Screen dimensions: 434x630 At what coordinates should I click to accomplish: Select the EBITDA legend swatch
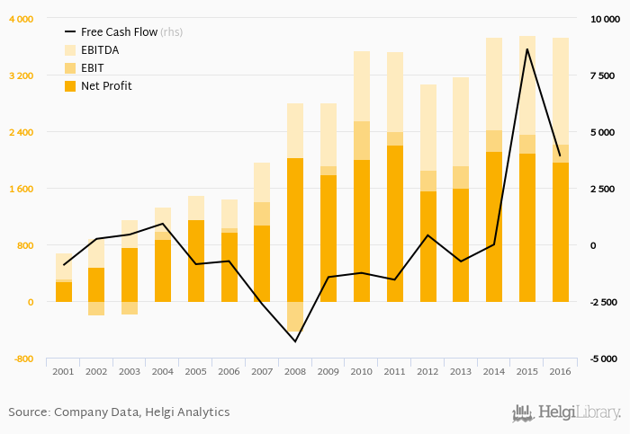tap(70, 50)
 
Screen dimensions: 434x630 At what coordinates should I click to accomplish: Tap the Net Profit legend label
tap(106, 86)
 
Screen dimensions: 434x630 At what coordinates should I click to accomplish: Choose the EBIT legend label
tap(94, 68)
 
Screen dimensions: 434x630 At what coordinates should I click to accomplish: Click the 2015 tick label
tap(527, 371)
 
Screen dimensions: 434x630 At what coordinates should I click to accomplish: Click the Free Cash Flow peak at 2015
tap(527, 49)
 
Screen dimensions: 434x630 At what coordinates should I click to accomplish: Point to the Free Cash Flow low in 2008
tap(295, 341)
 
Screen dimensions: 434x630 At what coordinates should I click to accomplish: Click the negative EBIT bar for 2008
tap(295, 316)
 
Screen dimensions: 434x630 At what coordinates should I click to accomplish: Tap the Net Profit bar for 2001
tap(63, 292)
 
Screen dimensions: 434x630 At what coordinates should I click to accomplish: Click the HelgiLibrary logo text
tap(579, 413)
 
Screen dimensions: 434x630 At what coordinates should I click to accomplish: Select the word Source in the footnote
tap(29, 412)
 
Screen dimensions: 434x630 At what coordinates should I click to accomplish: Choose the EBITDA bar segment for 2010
tap(362, 85)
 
